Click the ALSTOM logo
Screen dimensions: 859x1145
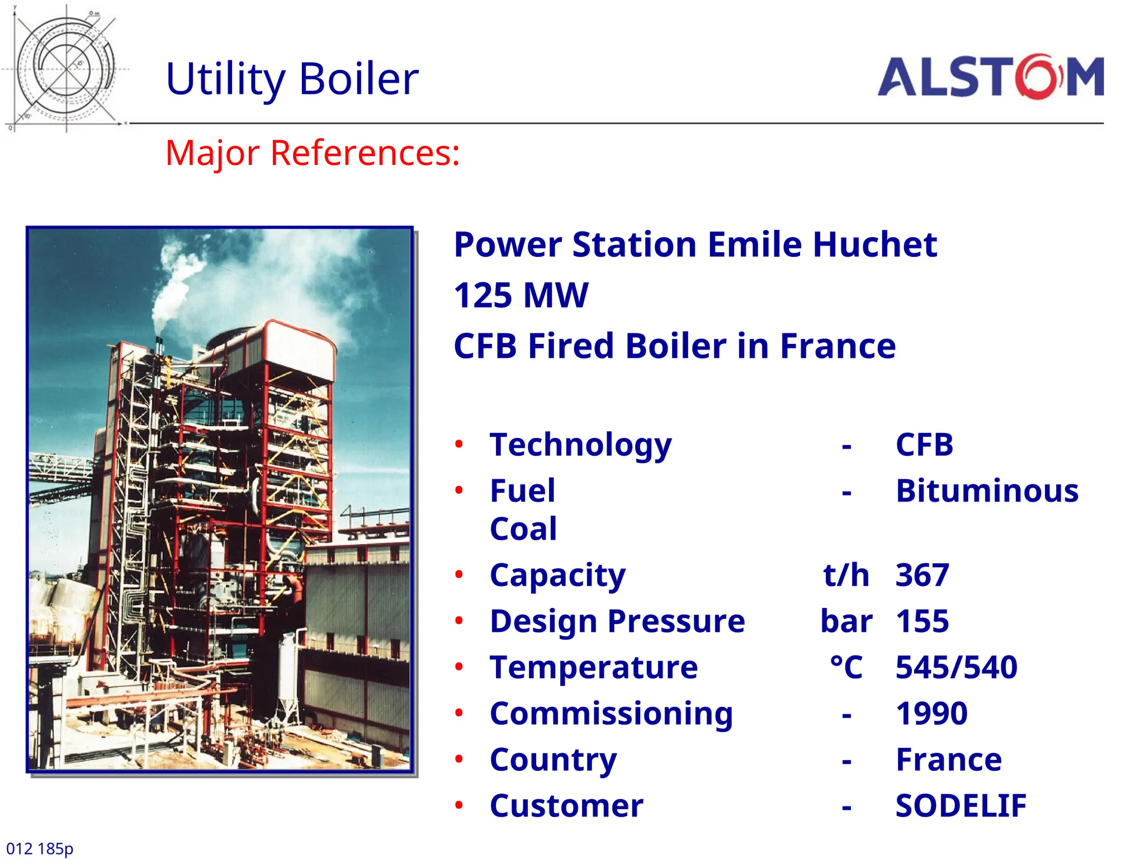(x=991, y=77)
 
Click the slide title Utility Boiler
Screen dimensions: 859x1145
(x=292, y=79)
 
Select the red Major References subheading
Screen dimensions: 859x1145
(x=313, y=153)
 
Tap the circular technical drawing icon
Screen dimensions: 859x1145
(x=66, y=68)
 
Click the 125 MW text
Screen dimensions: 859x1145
(x=521, y=295)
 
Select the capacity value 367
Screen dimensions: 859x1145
(x=922, y=575)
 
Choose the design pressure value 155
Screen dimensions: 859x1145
(x=922, y=621)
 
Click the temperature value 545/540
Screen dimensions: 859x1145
(x=956, y=667)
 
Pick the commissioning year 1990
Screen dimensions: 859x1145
(x=931, y=714)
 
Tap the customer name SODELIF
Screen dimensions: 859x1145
(x=961, y=806)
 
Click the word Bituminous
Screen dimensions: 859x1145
(x=987, y=491)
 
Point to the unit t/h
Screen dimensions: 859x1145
(x=846, y=575)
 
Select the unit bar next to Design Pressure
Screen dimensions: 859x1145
(x=846, y=621)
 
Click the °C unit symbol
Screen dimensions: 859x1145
(x=846, y=667)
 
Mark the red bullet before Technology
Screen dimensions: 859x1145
(x=459, y=445)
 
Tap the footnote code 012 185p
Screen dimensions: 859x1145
(x=40, y=848)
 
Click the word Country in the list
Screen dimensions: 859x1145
(x=553, y=760)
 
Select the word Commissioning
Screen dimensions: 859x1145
(x=611, y=714)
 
